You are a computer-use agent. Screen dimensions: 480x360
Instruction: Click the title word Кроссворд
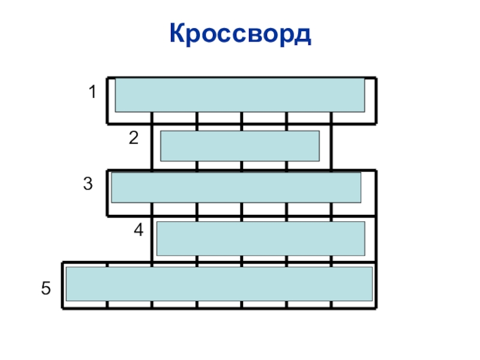coord(240,34)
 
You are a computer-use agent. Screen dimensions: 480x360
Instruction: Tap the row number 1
coord(92,93)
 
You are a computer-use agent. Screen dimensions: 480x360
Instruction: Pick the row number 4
coord(139,230)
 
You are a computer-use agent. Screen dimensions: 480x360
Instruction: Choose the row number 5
coord(46,289)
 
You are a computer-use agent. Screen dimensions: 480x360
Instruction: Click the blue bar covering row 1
coord(239,95)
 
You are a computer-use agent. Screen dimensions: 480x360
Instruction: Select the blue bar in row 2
coord(239,146)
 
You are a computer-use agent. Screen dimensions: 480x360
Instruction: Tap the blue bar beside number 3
coord(236,187)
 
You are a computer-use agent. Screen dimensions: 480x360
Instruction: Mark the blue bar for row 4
coord(260,238)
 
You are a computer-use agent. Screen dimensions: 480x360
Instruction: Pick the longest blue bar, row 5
coord(219,284)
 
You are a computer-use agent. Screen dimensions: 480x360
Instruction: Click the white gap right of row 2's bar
coord(325,146)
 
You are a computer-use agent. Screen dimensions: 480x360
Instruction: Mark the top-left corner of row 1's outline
coord(107,78)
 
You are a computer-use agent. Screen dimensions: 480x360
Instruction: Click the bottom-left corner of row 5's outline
coord(63,308)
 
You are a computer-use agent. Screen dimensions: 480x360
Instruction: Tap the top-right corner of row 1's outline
coord(376,78)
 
